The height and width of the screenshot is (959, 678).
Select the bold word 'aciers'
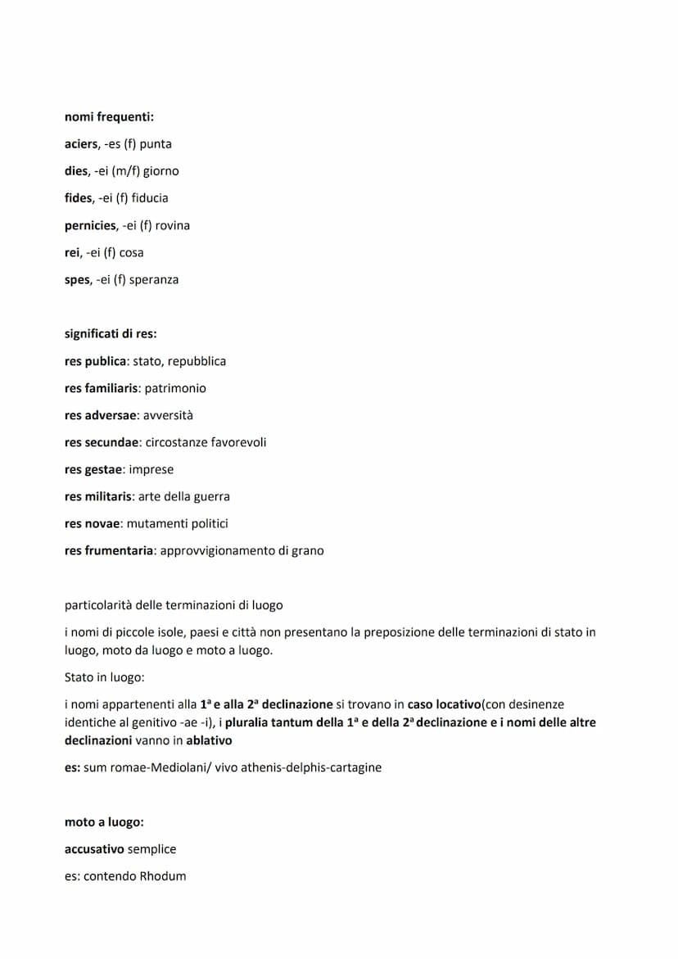[81, 144]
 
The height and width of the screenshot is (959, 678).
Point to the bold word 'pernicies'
[91, 225]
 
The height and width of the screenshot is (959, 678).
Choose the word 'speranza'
[154, 280]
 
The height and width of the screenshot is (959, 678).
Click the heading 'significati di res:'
[111, 334]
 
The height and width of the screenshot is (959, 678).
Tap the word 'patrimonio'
[175, 388]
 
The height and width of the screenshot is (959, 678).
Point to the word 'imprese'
[151, 469]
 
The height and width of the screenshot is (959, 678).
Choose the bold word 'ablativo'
[209, 740]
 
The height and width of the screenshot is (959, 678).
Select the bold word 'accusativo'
[94, 848]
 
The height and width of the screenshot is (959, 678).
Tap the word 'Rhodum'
[162, 875]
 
